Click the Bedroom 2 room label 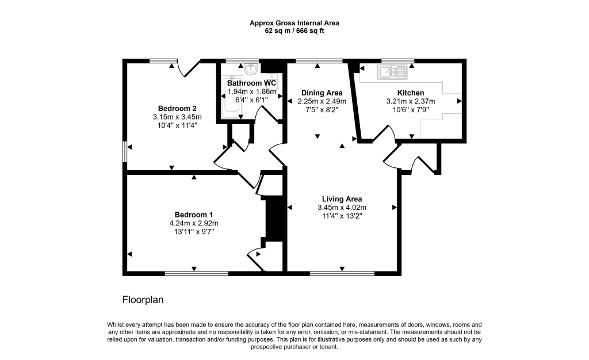coord(178,109)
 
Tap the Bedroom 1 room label coord(194,215)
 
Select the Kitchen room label coord(411,93)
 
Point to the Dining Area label coord(322,93)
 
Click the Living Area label coord(342,199)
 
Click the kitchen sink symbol coord(392,72)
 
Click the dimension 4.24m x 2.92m coord(194,223)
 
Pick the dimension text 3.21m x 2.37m coord(411,101)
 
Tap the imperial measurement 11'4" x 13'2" coord(342,216)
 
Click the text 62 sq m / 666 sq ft coord(294,31)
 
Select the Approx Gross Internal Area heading coord(294,23)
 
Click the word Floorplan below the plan coord(143,300)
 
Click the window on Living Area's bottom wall coord(342,271)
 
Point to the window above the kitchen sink coord(397,60)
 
